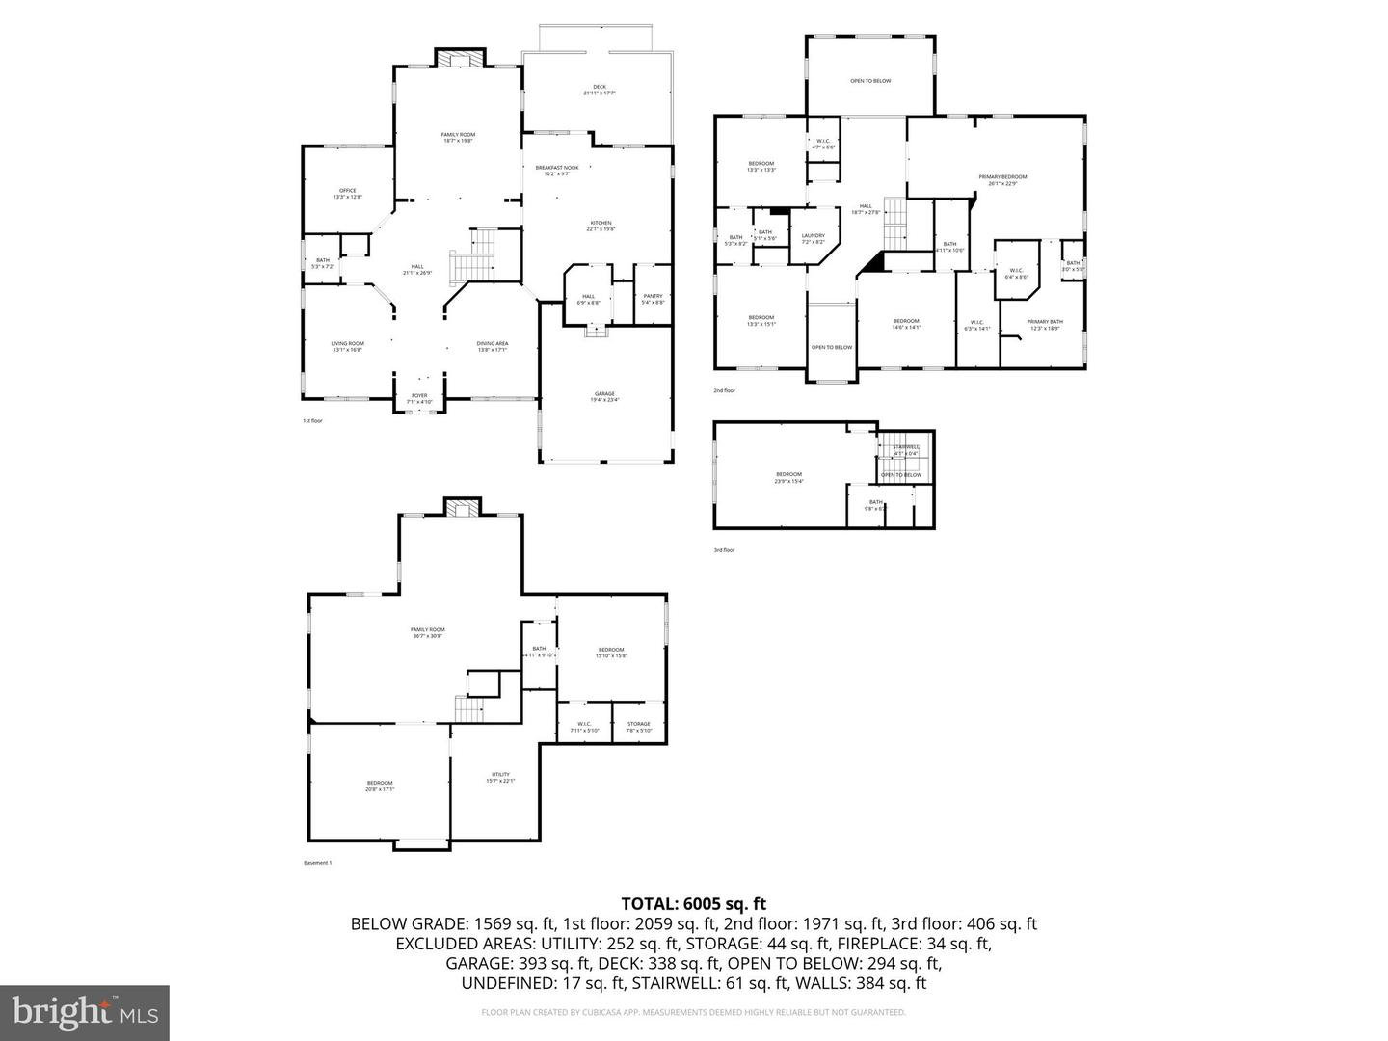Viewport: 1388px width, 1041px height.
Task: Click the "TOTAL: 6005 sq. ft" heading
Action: [x=693, y=904]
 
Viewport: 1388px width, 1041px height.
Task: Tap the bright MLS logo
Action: [x=85, y=1012]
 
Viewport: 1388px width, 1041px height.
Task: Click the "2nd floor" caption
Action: [x=724, y=390]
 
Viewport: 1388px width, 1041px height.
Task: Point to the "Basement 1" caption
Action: [x=317, y=863]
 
